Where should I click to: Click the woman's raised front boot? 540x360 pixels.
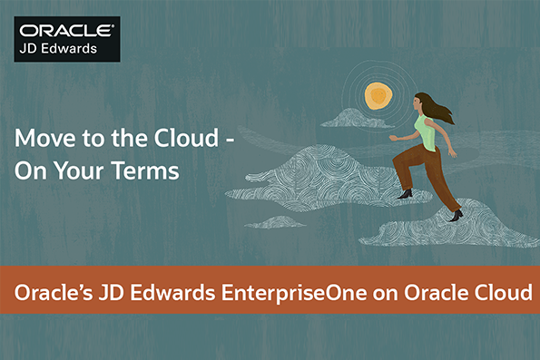tap(405, 192)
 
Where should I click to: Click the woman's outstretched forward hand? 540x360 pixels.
tap(393, 138)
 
